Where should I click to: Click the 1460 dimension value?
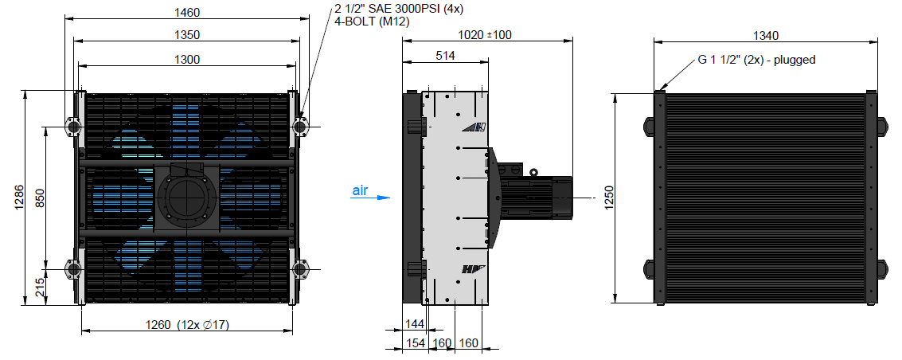187,11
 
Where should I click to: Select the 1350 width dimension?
187,34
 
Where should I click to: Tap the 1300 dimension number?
187,59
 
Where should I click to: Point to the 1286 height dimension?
18,198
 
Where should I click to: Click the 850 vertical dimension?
40,198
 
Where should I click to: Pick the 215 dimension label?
40,287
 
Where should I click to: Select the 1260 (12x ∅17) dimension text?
187,325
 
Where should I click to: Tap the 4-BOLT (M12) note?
373,22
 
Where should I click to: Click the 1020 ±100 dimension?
484,34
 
